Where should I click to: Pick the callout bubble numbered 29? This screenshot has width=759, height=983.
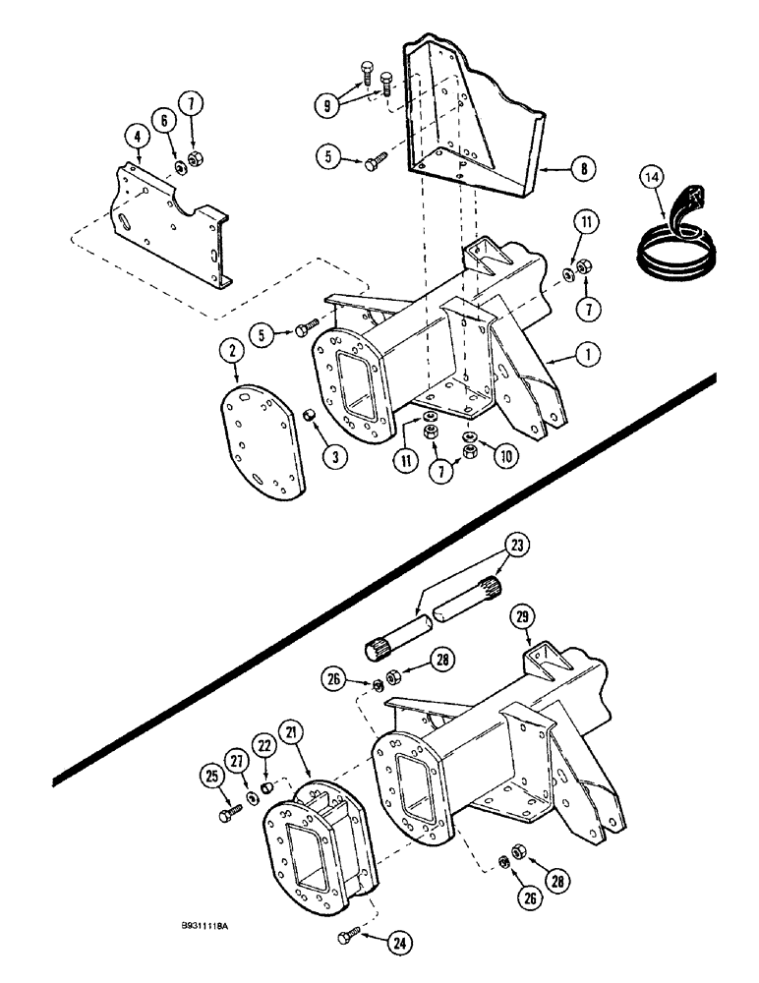523,617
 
